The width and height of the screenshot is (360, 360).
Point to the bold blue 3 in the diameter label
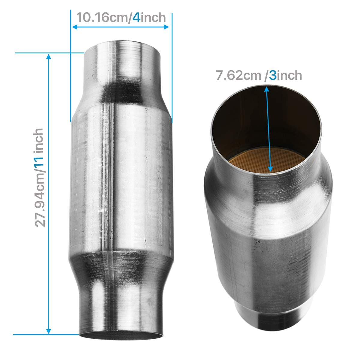[273, 76]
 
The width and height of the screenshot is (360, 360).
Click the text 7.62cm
[238, 76]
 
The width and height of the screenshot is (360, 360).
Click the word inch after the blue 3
[289, 76]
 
